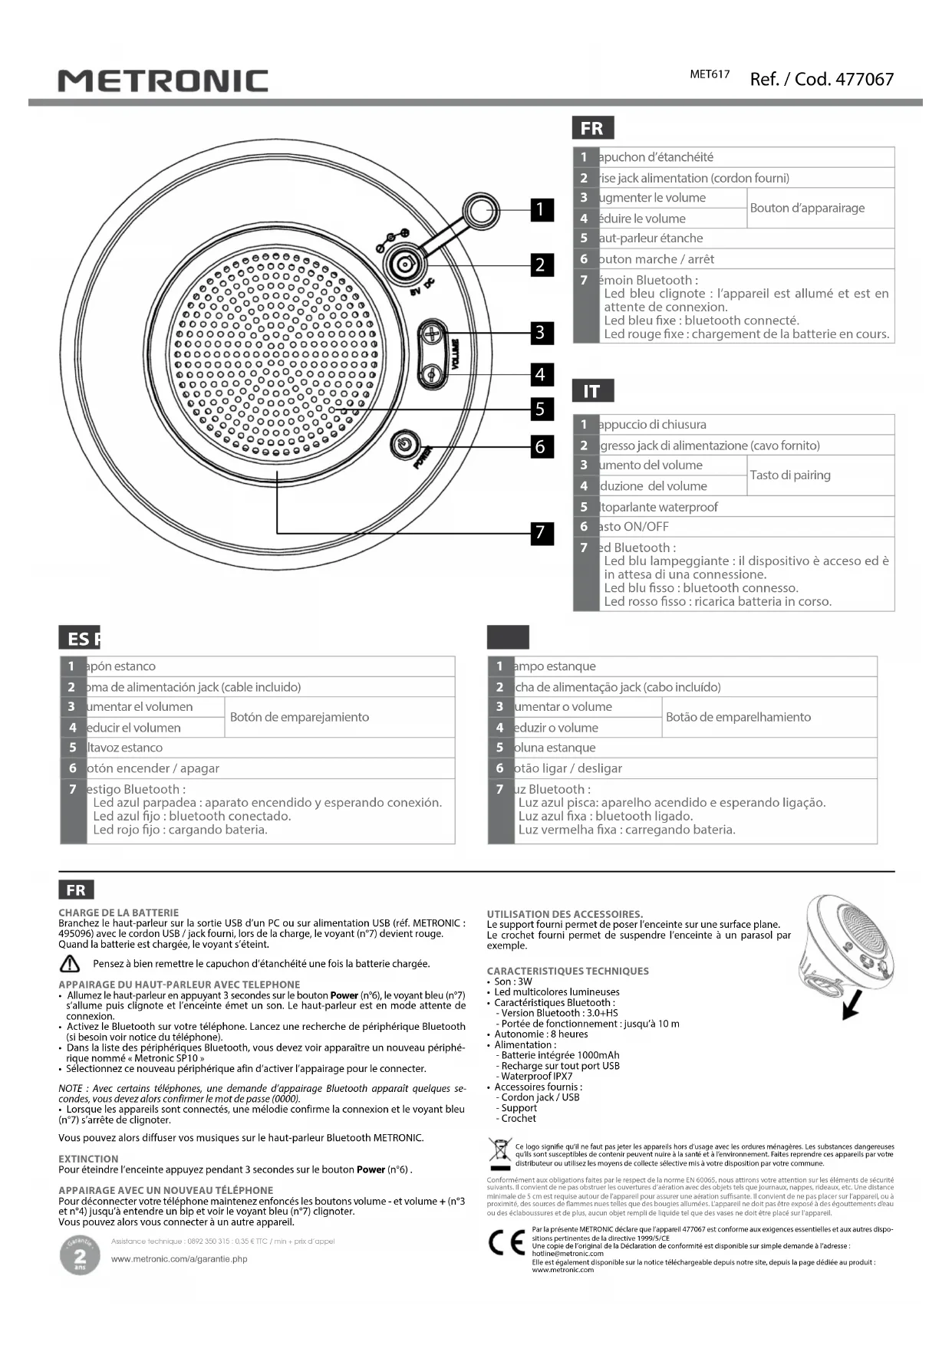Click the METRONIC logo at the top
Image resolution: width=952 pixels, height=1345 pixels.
point(163,81)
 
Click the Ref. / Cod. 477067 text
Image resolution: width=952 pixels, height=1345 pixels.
point(821,79)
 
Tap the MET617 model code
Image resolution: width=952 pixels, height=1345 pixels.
point(710,74)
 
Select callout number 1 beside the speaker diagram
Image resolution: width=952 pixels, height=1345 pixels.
point(541,209)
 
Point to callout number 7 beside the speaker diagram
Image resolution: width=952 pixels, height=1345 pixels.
point(541,532)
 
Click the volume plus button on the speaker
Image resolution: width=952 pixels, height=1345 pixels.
point(432,334)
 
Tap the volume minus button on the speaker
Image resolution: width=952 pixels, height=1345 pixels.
point(432,374)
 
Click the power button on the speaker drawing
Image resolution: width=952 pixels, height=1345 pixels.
point(404,444)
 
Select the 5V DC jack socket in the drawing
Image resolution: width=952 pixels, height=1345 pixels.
point(403,265)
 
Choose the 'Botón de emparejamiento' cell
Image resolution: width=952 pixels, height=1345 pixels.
point(299,717)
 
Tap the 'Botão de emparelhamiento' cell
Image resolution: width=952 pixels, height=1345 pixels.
point(738,717)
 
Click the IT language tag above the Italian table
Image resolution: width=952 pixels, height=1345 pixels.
point(591,391)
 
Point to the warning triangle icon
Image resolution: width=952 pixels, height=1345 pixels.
point(70,964)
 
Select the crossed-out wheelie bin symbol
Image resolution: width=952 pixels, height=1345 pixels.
point(500,1152)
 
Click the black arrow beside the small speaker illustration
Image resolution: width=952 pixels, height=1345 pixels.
point(853,1005)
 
